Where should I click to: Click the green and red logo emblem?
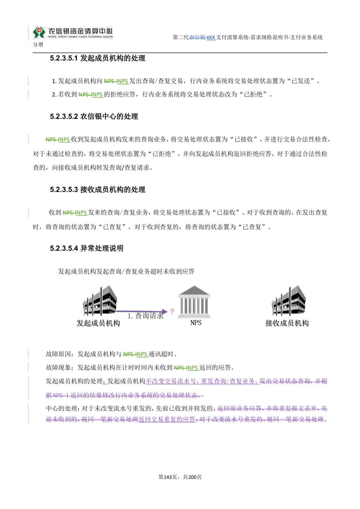(39, 32)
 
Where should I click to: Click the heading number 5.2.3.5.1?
(64, 58)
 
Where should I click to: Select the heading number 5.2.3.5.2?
(64, 117)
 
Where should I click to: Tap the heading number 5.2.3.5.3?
(64, 190)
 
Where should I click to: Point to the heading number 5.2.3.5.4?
(64, 248)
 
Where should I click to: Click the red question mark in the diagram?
(172, 311)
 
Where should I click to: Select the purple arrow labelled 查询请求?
(142, 311)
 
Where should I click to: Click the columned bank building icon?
(194, 301)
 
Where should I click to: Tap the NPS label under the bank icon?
(196, 323)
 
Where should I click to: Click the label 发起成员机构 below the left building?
(98, 323)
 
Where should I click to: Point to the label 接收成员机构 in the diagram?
(287, 323)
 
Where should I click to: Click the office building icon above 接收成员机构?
(289, 300)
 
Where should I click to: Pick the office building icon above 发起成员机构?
(100, 300)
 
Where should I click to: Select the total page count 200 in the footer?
(192, 477)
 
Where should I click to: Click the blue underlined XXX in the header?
(211, 37)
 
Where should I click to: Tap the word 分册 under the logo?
(38, 45)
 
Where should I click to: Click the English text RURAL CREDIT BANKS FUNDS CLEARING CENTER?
(80, 37)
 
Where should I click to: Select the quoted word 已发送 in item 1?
(301, 81)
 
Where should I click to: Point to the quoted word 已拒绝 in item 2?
(253, 94)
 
